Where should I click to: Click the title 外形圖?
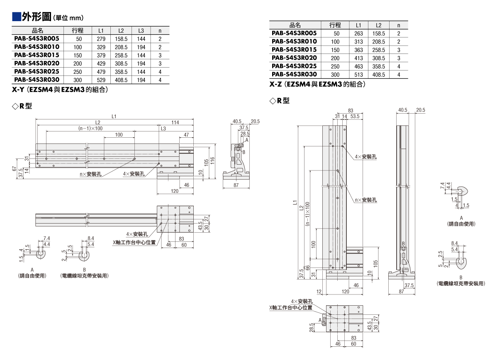pyautogui.click(x=37, y=17)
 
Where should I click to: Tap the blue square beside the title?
pyautogui.click(x=17, y=17)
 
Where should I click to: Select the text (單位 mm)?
pyautogui.click(x=68, y=18)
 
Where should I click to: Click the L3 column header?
pyautogui.click(x=141, y=31)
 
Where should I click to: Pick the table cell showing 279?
pyautogui.click(x=101, y=39)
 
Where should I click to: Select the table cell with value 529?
pyautogui.click(x=101, y=80)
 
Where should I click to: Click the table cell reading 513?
pyautogui.click(x=358, y=75)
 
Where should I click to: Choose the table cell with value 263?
pyautogui.click(x=358, y=34)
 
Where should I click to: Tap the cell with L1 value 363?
pyautogui.click(x=358, y=50)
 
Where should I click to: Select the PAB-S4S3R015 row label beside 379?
pyautogui.click(x=37, y=55)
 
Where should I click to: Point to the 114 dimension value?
pyautogui.click(x=175, y=123)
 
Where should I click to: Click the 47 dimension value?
pyautogui.click(x=186, y=135)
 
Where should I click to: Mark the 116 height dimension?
pyautogui.click(x=212, y=161)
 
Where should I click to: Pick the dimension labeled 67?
pyautogui.click(x=14, y=168)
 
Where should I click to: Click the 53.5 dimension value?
pyautogui.click(x=355, y=116)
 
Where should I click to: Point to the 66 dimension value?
pyautogui.click(x=307, y=268)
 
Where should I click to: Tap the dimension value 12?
pyautogui.click(x=319, y=292)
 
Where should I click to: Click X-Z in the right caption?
pyautogui.click(x=275, y=84)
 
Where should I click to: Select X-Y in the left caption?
pyautogui.click(x=18, y=90)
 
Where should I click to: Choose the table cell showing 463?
pyautogui.click(x=358, y=66)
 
